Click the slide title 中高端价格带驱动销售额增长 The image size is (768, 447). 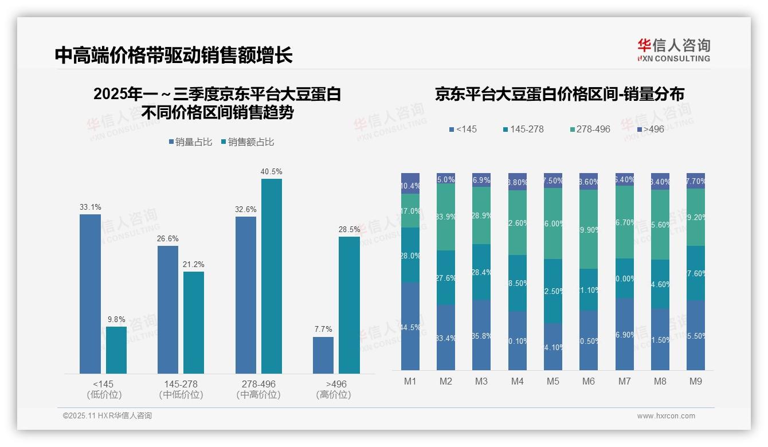[174, 55]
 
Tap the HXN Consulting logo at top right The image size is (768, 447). [673, 50]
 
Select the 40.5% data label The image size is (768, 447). [271, 171]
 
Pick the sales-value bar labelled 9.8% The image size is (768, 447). [116, 350]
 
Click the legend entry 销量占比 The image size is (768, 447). [190, 142]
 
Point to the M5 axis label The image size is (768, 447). [553, 381]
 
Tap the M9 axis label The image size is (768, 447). [695, 381]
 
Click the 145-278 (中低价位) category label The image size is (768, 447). [181, 389]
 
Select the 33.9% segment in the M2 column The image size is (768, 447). [446, 217]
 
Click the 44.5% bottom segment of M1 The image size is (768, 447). [410, 326]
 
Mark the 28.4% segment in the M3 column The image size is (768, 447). [481, 272]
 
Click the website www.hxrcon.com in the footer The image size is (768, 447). [666, 416]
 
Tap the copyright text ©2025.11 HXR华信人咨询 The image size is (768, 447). [107, 416]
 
